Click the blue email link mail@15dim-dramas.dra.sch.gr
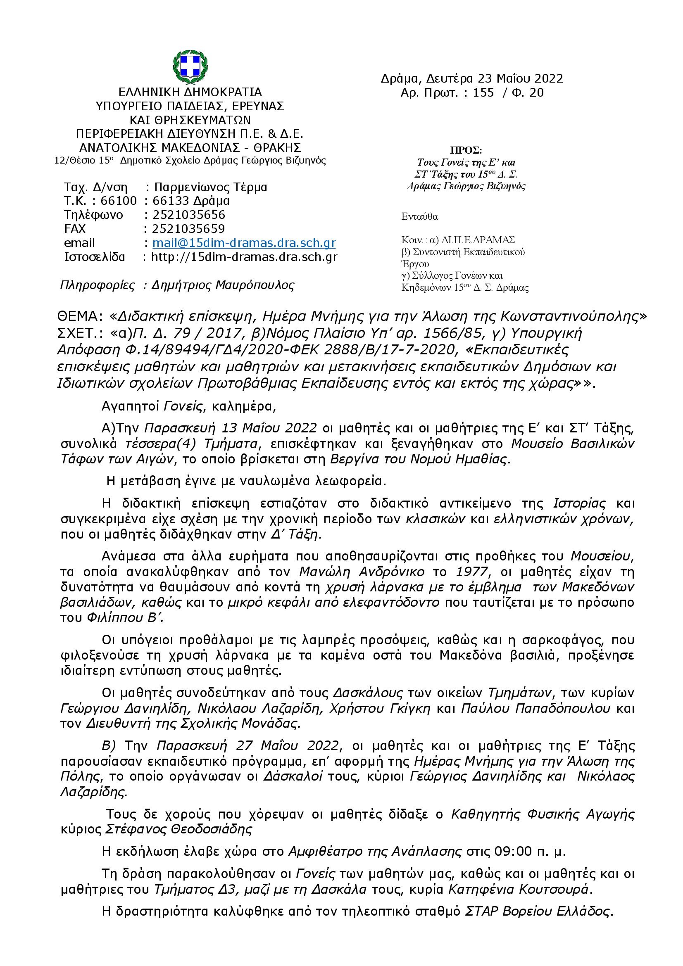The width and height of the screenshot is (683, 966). (x=244, y=243)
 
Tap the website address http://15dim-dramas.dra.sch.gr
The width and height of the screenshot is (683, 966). (x=244, y=256)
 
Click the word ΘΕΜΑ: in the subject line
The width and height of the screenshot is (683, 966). (x=80, y=316)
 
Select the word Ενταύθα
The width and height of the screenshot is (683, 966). (x=419, y=217)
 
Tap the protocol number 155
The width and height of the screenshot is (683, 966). (x=483, y=93)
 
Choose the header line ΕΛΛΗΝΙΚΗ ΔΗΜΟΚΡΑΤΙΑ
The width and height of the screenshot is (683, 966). (x=190, y=92)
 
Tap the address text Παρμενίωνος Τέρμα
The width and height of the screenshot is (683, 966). (x=210, y=187)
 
